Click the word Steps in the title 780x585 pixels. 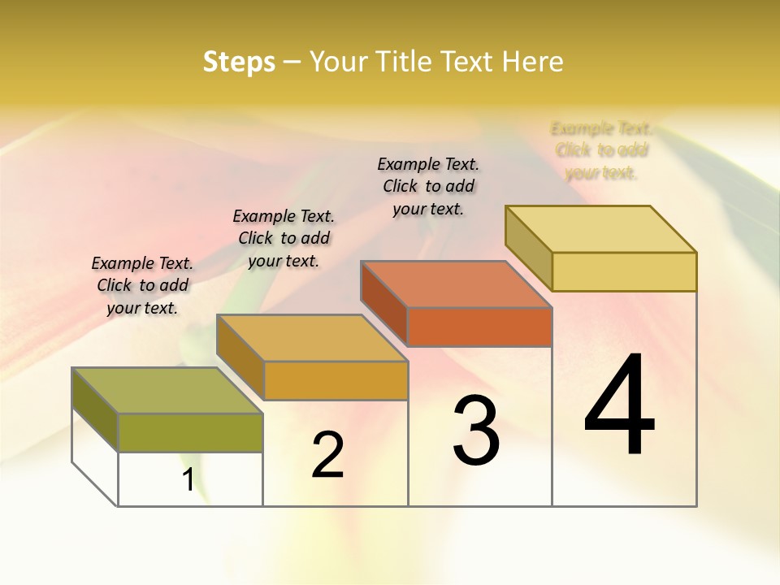239,62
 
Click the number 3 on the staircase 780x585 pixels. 476,431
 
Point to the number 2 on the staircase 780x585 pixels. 327,454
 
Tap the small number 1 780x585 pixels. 188,479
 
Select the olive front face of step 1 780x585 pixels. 190,432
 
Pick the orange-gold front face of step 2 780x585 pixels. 336,380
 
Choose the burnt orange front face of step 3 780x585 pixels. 479,327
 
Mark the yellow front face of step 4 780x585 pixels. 624,271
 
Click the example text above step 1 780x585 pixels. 142,285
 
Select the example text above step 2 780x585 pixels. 284,238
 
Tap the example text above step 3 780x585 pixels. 428,186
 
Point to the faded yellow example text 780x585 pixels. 601,150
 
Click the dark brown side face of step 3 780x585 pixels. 383,302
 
